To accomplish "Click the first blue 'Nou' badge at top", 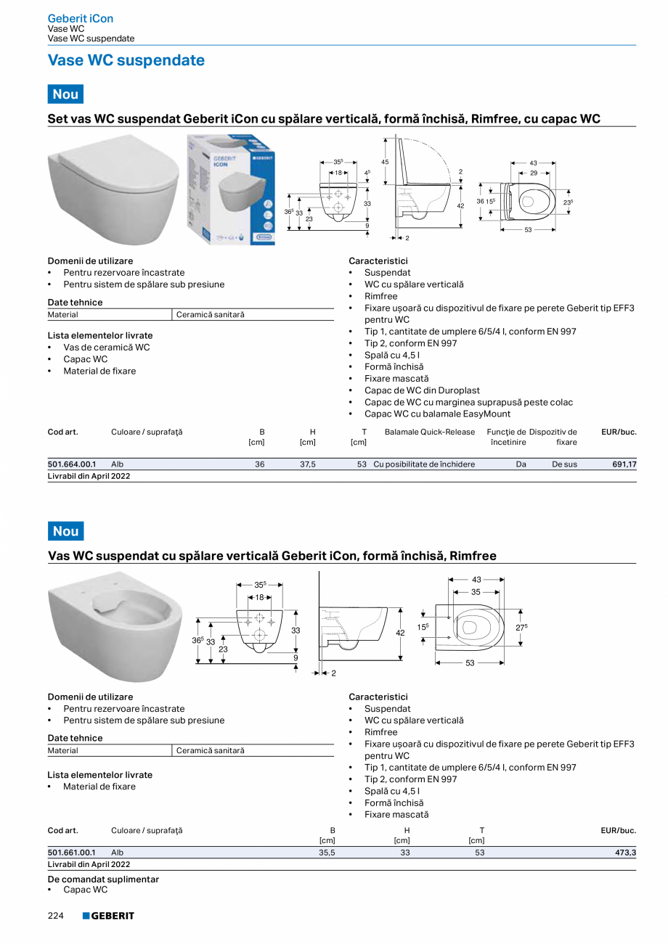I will tap(65, 94).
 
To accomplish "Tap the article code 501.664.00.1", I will tap(71, 464).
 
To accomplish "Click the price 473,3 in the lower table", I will tap(625, 853).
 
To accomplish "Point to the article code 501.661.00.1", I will tap(71, 853).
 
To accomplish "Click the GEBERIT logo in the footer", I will tap(108, 916).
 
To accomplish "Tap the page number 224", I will tap(56, 916).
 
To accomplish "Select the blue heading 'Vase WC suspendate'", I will tap(126, 60).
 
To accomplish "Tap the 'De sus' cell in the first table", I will tap(564, 464).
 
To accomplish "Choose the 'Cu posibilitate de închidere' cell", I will tap(424, 464).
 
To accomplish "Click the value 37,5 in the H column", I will tap(307, 464).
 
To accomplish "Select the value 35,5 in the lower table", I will tap(327, 853).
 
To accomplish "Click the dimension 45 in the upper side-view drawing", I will tap(385, 162).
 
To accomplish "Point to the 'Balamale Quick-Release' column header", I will tap(429, 432).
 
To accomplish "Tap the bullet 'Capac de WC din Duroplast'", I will tap(422, 390).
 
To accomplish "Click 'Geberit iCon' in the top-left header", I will tap(80, 18).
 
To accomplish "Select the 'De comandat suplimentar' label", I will tap(103, 879).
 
